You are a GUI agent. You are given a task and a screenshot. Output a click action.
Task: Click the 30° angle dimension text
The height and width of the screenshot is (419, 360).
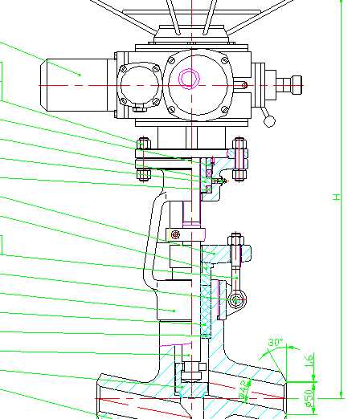pyautogui.click(x=276, y=343)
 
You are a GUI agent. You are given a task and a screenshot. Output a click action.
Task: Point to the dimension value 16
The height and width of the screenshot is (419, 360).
pyautogui.click(x=309, y=363)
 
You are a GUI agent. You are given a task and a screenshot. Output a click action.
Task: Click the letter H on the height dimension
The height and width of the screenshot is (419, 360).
pyautogui.click(x=337, y=197)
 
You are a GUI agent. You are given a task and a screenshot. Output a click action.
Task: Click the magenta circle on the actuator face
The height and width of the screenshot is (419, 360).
pyautogui.click(x=190, y=79)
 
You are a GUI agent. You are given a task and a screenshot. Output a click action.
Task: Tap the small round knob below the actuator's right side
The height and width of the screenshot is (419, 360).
pyautogui.click(x=269, y=120)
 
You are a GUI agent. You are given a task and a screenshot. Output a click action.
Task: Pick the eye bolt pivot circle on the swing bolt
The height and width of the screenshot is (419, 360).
pyautogui.click(x=235, y=300)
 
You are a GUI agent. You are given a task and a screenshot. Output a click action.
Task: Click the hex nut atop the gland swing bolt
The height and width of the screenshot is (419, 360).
pyautogui.click(x=235, y=239)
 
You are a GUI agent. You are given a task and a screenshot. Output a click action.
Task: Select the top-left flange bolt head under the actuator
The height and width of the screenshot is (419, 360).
pyautogui.click(x=142, y=144)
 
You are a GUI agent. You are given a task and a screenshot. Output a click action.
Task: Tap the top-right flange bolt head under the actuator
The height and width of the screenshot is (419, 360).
pyautogui.click(x=239, y=144)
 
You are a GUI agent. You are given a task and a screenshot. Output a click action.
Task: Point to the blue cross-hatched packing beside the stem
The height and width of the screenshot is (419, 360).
pyautogui.click(x=205, y=305)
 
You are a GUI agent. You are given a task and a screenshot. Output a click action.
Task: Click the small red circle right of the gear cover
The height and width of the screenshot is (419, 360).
pyautogui.click(x=243, y=83)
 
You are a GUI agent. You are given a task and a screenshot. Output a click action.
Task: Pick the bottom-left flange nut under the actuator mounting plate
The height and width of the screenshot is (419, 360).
pyautogui.click(x=142, y=173)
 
